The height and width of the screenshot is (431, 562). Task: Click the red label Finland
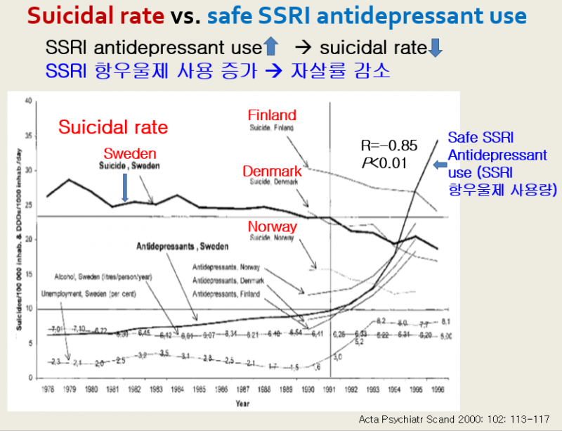pyautogui.click(x=272, y=115)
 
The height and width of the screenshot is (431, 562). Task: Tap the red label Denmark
pyautogui.click(x=273, y=171)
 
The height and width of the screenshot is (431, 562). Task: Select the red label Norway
pyautogui.click(x=273, y=227)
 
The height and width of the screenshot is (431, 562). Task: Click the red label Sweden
pyautogui.click(x=130, y=154)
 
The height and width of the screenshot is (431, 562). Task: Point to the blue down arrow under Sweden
pyautogui.click(x=124, y=188)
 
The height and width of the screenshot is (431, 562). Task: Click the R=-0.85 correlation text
pyautogui.click(x=389, y=146)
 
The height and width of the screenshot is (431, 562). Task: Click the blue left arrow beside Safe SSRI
pyautogui.click(x=440, y=165)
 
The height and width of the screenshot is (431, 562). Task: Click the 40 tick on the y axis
pyautogui.click(x=29, y=101)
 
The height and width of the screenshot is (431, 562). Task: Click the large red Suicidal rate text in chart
pyautogui.click(x=113, y=127)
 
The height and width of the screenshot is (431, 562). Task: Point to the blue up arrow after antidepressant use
pyautogui.click(x=271, y=48)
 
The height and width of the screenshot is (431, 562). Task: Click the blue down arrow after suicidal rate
pyautogui.click(x=435, y=48)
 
